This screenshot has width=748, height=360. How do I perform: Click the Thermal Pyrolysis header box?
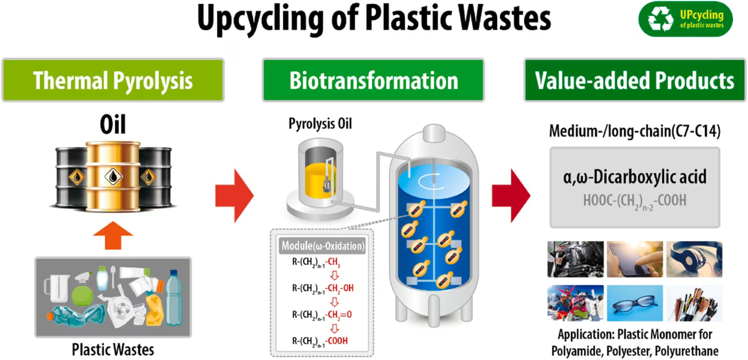(x=113, y=80)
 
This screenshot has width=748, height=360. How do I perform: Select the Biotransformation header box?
(x=373, y=80)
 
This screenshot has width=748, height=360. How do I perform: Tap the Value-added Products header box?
(x=634, y=80)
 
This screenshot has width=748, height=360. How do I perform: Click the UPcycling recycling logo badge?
(x=685, y=19)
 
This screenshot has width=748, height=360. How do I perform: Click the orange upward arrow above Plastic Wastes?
(x=113, y=235)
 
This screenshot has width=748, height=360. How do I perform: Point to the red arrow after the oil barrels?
(x=234, y=196)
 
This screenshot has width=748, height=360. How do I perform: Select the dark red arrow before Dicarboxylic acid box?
(x=511, y=196)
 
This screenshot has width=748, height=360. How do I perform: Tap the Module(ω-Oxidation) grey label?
(x=323, y=246)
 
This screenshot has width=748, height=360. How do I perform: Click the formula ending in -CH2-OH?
(x=323, y=288)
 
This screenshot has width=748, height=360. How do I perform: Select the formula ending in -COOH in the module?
(x=320, y=341)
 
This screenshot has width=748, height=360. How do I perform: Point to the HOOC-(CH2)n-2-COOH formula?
(x=634, y=201)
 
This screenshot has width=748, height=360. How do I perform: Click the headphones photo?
(x=694, y=259)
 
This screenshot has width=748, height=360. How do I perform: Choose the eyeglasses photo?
(x=635, y=303)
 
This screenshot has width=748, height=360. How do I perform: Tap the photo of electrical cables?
(x=694, y=303)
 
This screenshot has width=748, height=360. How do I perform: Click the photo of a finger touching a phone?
(x=635, y=259)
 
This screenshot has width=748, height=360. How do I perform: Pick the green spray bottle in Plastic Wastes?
(x=82, y=289)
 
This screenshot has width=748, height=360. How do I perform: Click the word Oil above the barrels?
(x=113, y=124)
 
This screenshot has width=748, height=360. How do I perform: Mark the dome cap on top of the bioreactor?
(x=434, y=133)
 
